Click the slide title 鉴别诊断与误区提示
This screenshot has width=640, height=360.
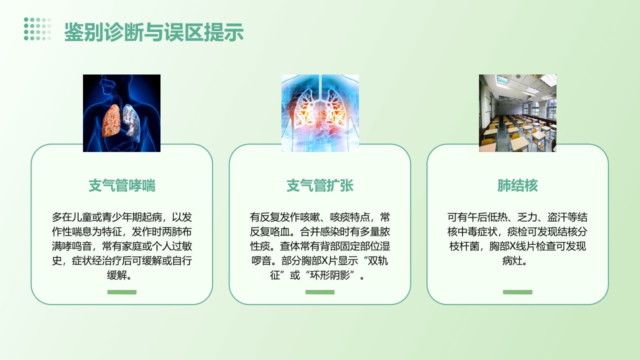click(x=153, y=31)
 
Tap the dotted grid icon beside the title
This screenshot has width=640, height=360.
click(x=37, y=29)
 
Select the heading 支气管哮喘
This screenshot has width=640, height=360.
click(x=121, y=185)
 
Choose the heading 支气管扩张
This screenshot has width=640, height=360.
click(x=319, y=185)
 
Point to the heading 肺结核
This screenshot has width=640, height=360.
click(x=517, y=185)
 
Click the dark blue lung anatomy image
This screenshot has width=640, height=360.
click(x=121, y=113)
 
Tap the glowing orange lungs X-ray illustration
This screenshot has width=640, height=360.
click(x=320, y=113)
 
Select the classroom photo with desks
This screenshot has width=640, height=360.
click(x=517, y=113)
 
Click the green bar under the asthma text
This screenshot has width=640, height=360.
click(x=122, y=292)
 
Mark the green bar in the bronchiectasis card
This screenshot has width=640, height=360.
click(x=320, y=292)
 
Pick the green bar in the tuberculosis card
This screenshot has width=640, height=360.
click(x=517, y=292)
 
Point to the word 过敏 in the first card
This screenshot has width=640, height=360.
click(x=181, y=246)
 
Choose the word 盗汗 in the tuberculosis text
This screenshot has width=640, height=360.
click(x=557, y=217)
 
